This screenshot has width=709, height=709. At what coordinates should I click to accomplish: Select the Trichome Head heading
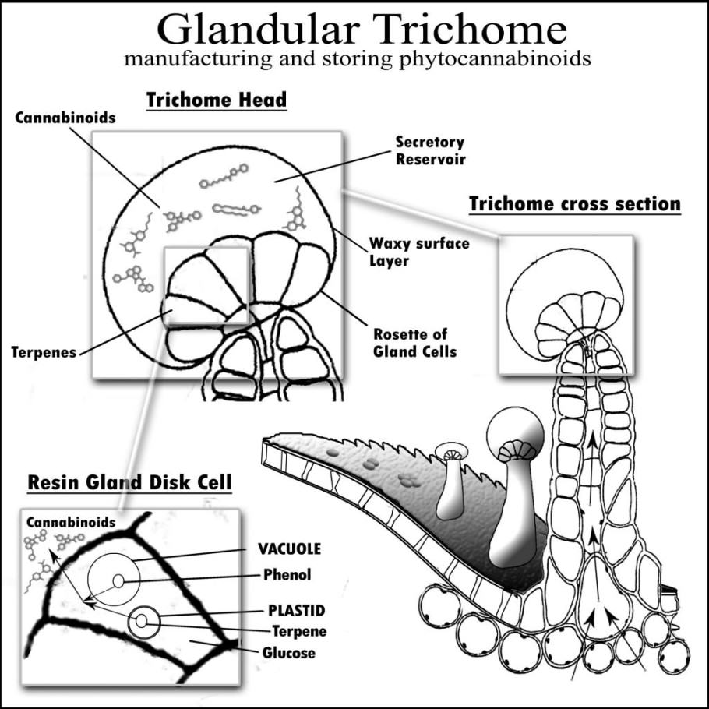(x=217, y=100)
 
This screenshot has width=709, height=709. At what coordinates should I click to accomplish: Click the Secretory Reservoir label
(x=429, y=150)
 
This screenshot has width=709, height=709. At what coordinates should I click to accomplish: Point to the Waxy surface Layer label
(x=419, y=251)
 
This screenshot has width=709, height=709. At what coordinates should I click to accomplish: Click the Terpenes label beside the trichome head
(x=44, y=352)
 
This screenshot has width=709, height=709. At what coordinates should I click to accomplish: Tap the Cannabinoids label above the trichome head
(x=65, y=118)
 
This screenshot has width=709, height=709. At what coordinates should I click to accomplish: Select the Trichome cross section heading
(x=575, y=205)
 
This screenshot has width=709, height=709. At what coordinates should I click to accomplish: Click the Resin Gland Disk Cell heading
(x=129, y=482)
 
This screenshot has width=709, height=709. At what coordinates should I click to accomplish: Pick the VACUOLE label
(x=289, y=549)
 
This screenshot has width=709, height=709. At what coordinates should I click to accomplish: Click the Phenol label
(x=287, y=575)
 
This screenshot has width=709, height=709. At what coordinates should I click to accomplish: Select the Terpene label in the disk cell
(x=298, y=631)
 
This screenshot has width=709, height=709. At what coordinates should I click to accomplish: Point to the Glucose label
(x=288, y=653)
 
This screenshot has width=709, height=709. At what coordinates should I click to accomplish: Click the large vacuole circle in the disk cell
(x=113, y=580)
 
